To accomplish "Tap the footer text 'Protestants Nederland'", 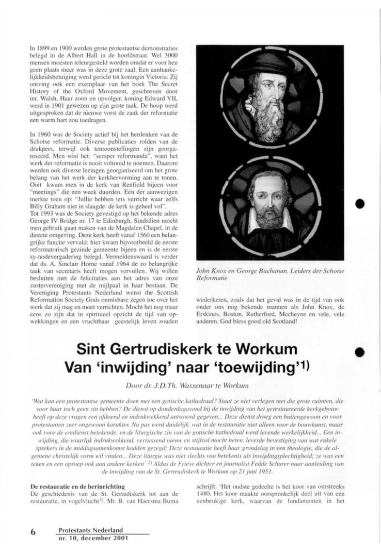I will [x=91, y=529].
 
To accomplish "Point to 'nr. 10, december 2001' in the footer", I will [x=92, y=538].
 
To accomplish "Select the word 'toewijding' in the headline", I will [x=262, y=367].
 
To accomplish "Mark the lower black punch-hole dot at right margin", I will [x=360, y=351].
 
